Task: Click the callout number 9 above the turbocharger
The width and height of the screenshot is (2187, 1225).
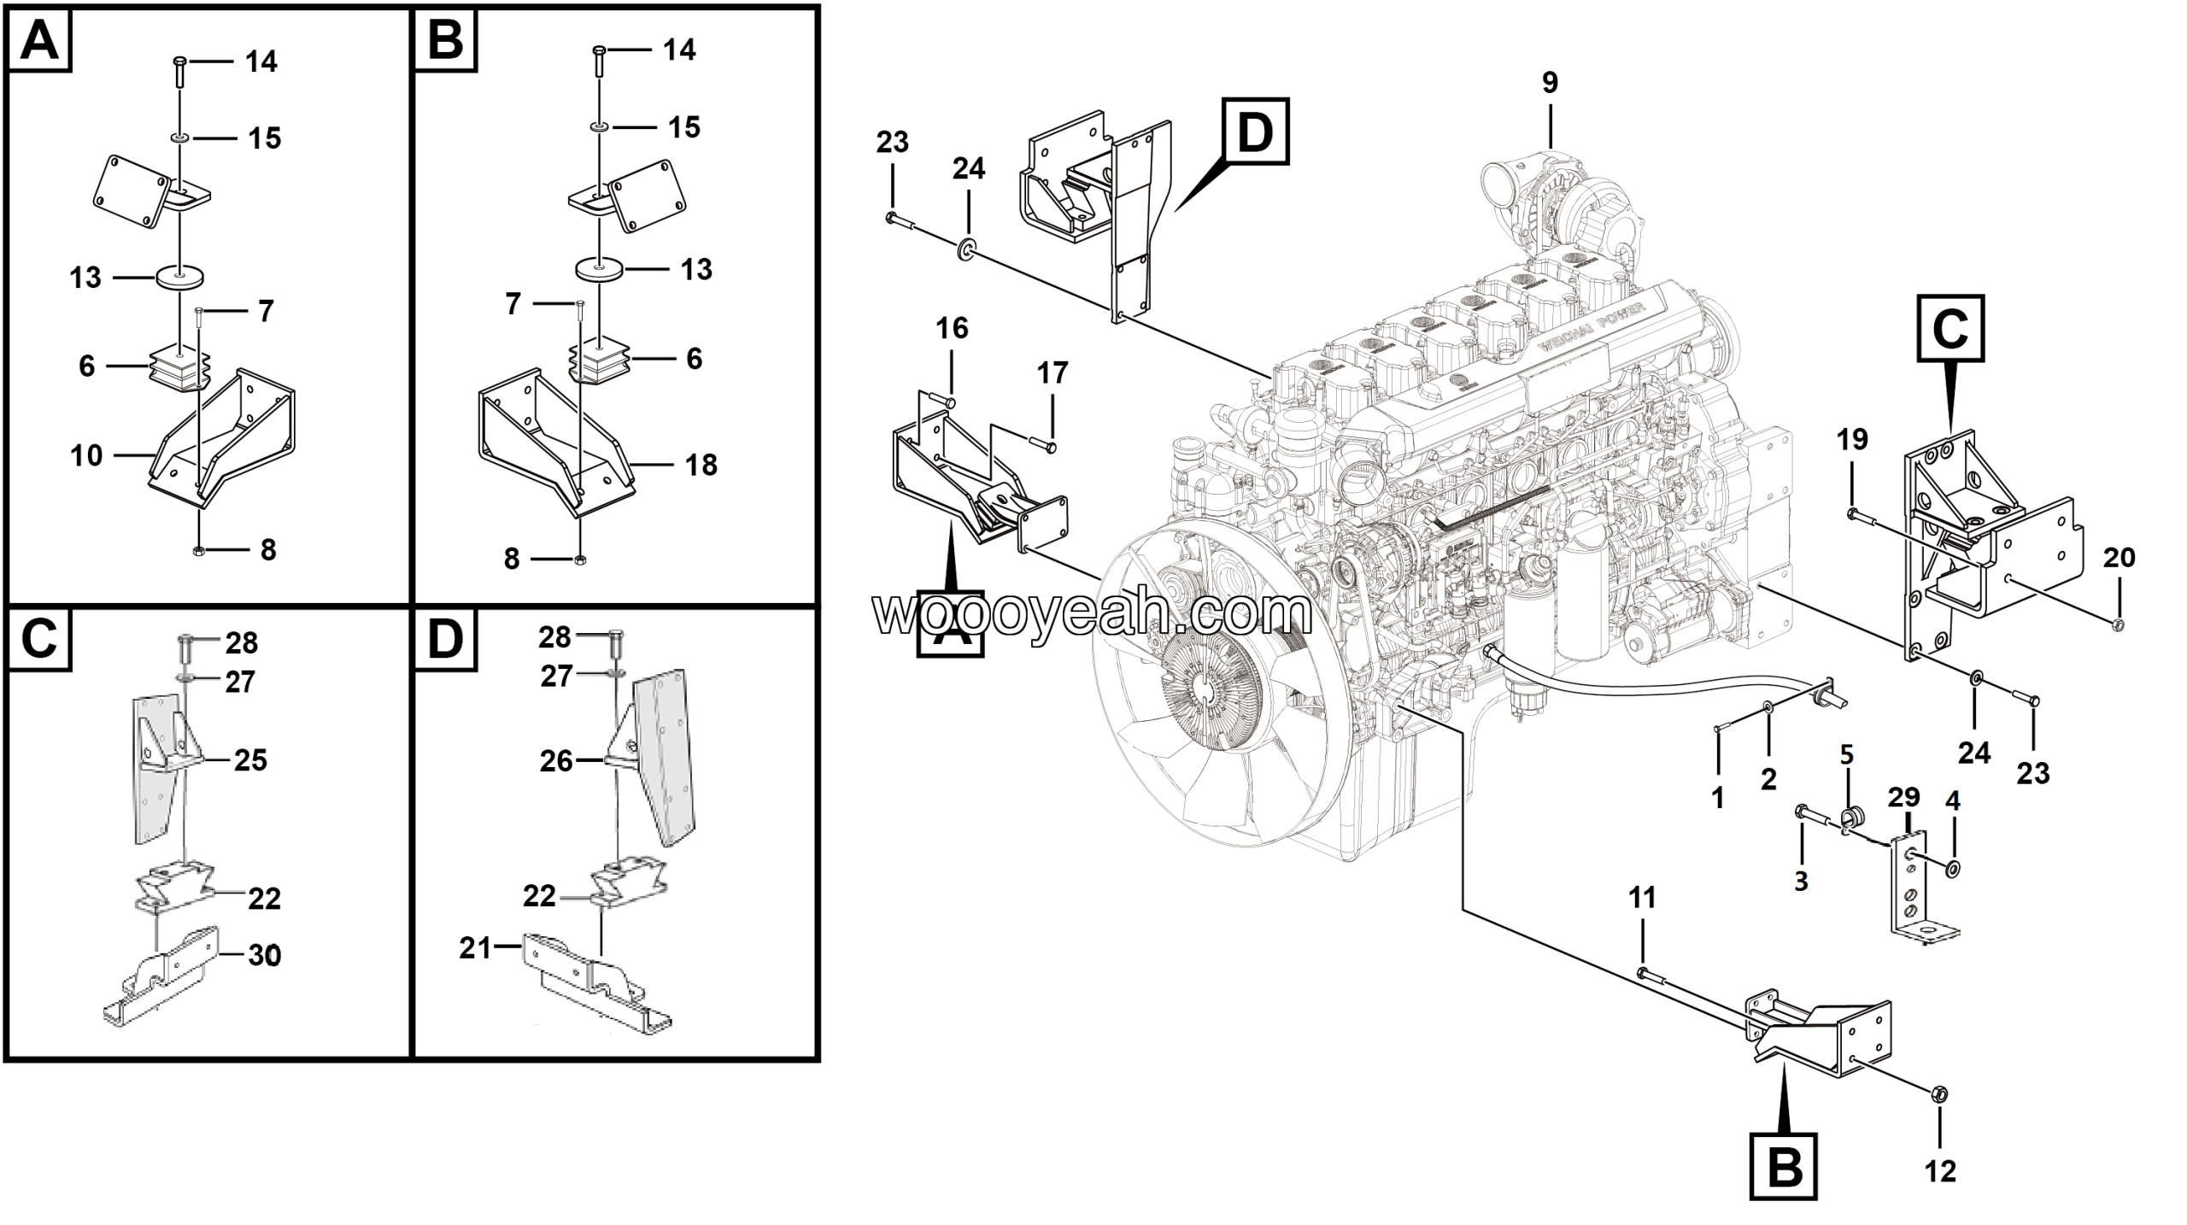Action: point(1550,83)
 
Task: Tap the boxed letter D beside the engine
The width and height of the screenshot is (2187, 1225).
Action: point(1255,132)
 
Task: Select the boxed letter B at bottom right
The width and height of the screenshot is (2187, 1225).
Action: point(1783,1166)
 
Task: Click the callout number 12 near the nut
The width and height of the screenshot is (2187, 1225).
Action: point(1940,1171)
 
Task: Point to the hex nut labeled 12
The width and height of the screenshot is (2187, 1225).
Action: point(1938,1093)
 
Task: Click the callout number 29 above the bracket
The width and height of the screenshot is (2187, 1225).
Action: point(1903,797)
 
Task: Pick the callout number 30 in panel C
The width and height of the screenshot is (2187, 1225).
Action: point(264,955)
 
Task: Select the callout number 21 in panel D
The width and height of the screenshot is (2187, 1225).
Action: point(475,947)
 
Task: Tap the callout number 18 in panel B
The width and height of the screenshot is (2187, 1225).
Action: point(701,465)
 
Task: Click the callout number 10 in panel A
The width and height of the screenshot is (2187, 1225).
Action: point(86,455)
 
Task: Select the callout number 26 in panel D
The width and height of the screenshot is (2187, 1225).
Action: point(556,760)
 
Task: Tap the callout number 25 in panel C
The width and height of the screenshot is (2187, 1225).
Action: point(250,759)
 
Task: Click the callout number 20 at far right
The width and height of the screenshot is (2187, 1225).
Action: point(2119,558)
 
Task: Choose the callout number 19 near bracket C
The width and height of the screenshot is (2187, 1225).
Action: point(1851,440)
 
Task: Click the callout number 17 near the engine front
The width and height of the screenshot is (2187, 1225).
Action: point(1052,373)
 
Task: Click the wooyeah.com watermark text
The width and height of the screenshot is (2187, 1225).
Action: point(1092,612)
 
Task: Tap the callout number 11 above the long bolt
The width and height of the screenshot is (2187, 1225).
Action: point(1642,898)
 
